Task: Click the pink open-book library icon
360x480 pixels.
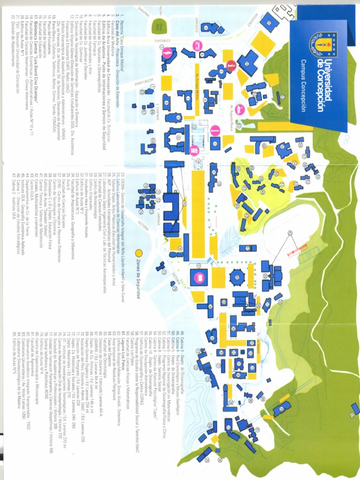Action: pos(198,277)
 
